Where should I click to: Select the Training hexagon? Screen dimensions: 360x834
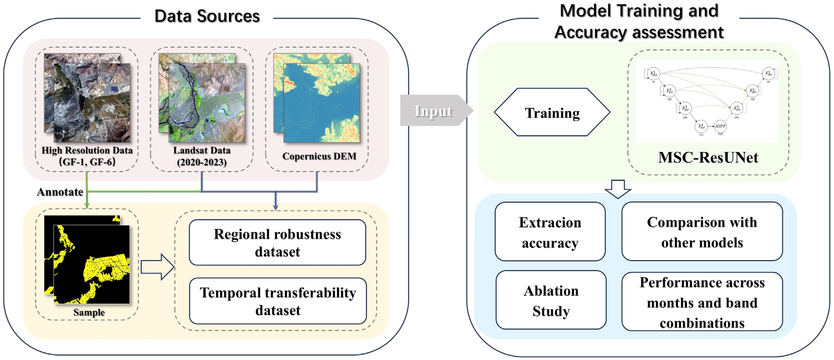coord(552,112)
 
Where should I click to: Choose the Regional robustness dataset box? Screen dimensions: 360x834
coord(277,243)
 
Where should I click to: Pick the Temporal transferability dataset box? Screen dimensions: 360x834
coord(278,301)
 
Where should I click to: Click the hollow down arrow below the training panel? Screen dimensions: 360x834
coord(618,189)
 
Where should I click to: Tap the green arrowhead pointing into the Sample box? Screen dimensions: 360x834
coord(87,205)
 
